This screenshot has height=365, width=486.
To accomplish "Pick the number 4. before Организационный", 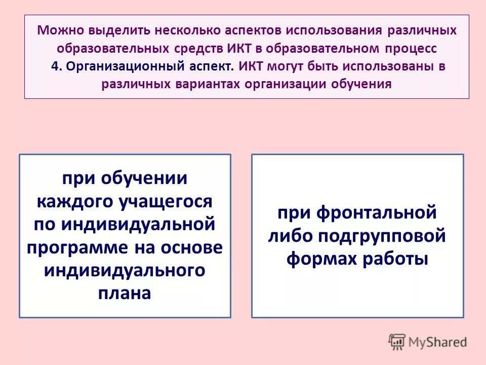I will click(56, 66).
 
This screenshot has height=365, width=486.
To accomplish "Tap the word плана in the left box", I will click(125, 294).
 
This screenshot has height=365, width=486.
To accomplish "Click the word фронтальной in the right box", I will click(376, 213).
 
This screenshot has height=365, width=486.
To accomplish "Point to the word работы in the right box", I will click(397, 259).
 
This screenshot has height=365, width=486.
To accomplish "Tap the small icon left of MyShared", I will click(397, 342).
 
